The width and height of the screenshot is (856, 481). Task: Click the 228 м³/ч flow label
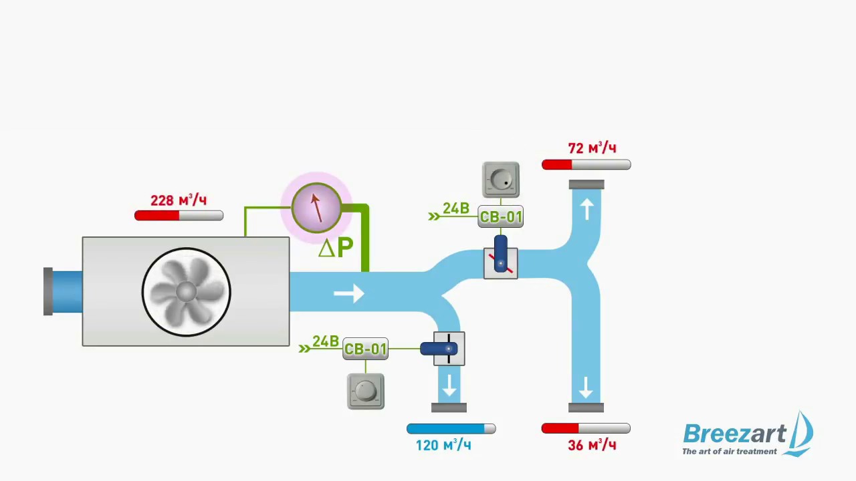(x=179, y=200)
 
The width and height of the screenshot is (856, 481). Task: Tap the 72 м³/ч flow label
(x=592, y=148)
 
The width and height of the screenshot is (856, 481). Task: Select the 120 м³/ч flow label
(x=443, y=445)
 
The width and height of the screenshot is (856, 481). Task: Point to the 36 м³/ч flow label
(x=592, y=445)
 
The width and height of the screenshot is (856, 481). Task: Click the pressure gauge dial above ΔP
(x=316, y=207)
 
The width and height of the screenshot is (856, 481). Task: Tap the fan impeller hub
(x=186, y=292)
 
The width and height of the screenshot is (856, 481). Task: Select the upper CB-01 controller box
(x=501, y=217)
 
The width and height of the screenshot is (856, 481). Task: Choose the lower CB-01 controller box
(x=365, y=349)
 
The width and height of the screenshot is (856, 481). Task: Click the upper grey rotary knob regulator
(x=501, y=180)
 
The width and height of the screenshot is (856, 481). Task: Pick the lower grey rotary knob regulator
(x=366, y=391)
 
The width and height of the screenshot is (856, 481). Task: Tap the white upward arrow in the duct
(x=586, y=209)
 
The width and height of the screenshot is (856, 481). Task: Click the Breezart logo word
(x=734, y=434)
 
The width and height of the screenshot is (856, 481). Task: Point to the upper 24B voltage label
(x=455, y=209)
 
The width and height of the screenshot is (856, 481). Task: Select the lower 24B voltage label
(x=325, y=342)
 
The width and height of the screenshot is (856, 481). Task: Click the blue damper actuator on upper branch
(x=501, y=254)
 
